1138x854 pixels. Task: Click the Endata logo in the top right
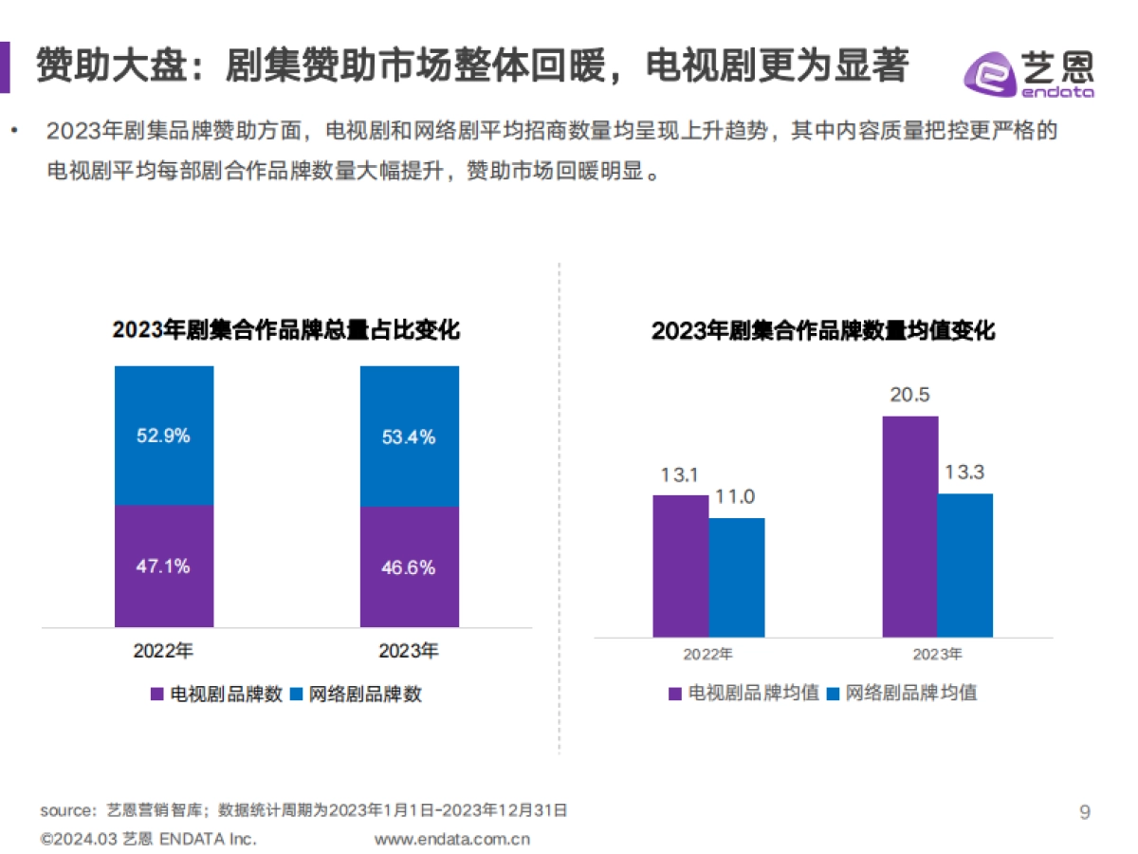1029,71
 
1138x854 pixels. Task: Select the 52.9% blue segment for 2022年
164,436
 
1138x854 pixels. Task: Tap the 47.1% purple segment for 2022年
164,566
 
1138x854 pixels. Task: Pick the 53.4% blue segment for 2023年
409,436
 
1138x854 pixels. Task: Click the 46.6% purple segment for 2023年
409,567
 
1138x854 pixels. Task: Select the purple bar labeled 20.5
909,527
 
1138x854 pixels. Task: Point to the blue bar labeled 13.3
965,566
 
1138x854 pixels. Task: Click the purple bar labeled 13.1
680,566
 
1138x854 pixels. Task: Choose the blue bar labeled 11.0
737,577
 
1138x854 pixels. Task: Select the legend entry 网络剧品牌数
356,694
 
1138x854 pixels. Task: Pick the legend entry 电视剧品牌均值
743,693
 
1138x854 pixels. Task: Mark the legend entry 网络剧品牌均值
902,693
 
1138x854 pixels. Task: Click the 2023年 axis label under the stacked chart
409,651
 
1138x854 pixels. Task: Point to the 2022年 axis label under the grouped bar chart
708,655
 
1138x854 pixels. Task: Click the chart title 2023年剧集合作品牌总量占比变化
286,330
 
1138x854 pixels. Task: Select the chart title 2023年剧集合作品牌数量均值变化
823,331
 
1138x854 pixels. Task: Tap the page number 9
1085,812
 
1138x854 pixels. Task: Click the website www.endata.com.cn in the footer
452,839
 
